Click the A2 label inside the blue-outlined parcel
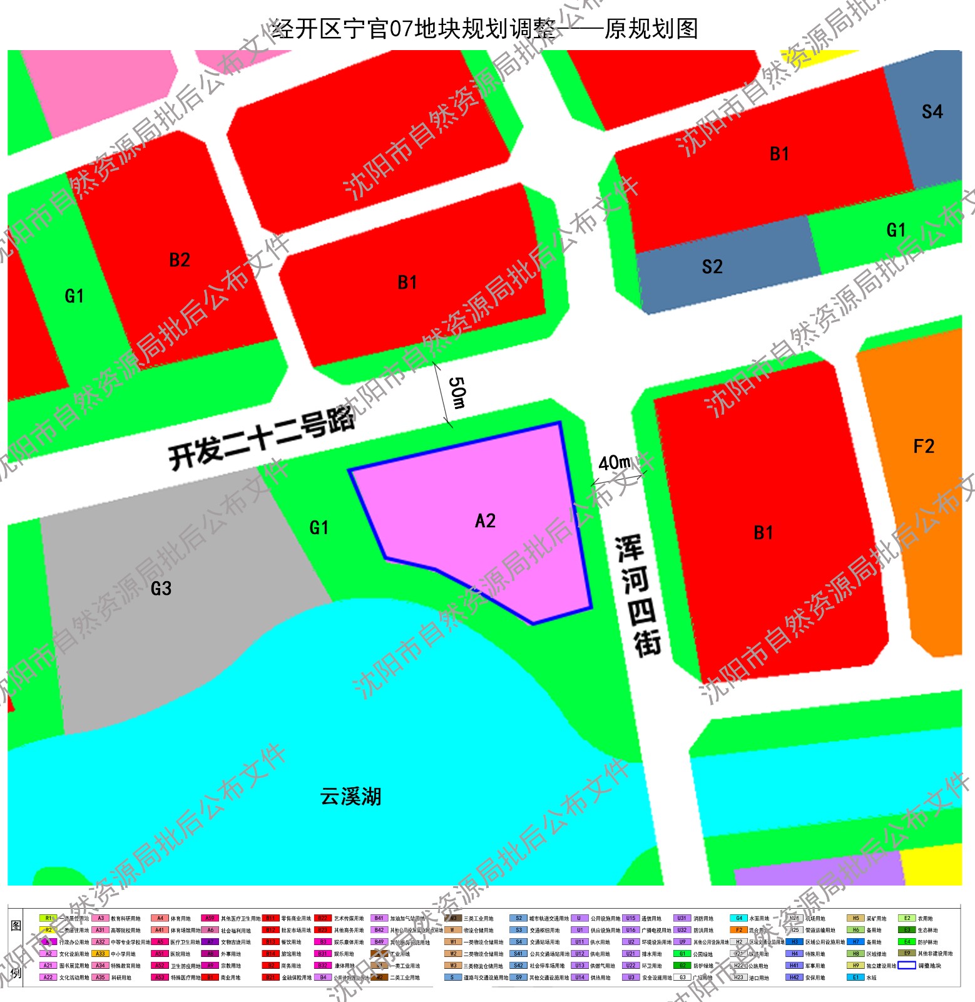click(x=485, y=521)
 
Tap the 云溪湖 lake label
click(x=350, y=797)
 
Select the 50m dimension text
click(x=458, y=393)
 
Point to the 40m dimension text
click(x=615, y=463)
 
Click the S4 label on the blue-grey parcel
click(x=932, y=112)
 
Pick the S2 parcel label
click(x=712, y=267)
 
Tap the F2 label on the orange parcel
click(x=924, y=447)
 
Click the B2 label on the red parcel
click(x=180, y=260)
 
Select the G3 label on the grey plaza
click(x=161, y=589)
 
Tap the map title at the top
click(x=485, y=29)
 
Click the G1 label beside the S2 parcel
click(x=896, y=230)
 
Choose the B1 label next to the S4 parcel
click(x=779, y=154)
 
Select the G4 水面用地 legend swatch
click(x=738, y=919)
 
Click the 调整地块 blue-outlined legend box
click(x=907, y=966)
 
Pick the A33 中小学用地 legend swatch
click(x=100, y=954)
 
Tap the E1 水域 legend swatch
click(x=855, y=978)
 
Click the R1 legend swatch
click(x=48, y=919)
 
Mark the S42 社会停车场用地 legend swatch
click(x=518, y=966)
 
